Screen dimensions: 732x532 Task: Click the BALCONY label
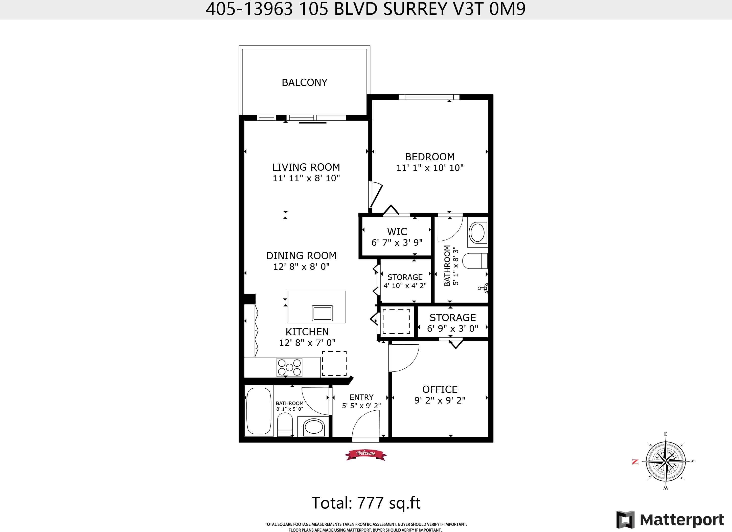click(x=304, y=83)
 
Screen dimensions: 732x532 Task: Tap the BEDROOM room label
click(x=430, y=157)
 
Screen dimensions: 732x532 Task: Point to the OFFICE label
click(x=440, y=389)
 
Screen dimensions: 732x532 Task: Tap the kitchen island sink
click(x=322, y=313)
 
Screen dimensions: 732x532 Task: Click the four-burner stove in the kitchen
click(x=289, y=367)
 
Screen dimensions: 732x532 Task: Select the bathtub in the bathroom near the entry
click(x=259, y=411)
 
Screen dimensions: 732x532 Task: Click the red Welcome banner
click(x=366, y=455)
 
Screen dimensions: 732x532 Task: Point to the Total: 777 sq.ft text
click(x=366, y=503)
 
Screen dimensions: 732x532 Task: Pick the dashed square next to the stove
click(x=334, y=363)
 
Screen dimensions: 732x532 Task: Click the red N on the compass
click(x=635, y=462)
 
